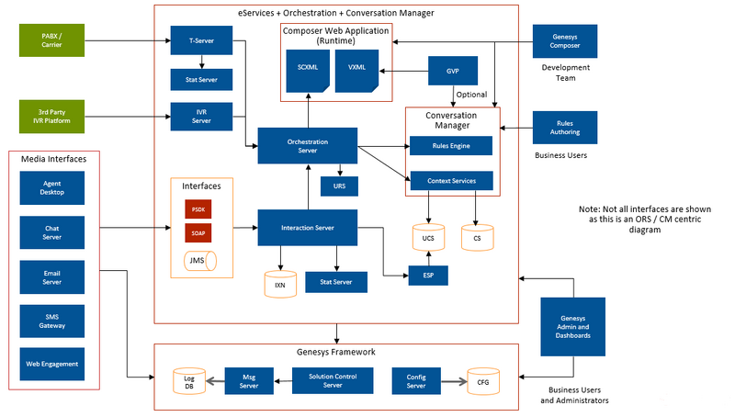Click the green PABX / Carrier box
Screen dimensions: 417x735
[x=51, y=40]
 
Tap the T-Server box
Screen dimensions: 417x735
[x=201, y=40]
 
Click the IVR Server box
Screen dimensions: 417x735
[x=201, y=117]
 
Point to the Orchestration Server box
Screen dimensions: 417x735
[x=308, y=145]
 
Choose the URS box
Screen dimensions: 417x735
[x=340, y=186]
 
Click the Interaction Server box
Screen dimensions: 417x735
[x=308, y=227]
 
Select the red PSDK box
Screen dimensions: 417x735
[x=198, y=208]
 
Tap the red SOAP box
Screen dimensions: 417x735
[x=198, y=233]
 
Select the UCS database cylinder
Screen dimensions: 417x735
[x=428, y=237]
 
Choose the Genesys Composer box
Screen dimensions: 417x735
[x=565, y=40]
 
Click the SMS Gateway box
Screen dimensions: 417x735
[x=51, y=321]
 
